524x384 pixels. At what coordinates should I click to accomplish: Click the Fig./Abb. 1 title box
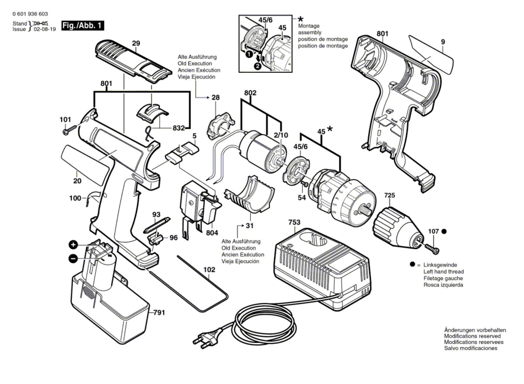click(83, 25)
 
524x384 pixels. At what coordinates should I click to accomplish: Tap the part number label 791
click(159, 313)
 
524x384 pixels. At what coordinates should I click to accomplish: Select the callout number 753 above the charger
click(294, 223)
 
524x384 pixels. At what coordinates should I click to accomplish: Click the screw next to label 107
click(432, 248)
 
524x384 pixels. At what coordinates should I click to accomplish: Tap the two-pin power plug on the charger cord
click(206, 339)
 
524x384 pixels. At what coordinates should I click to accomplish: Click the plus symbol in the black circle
click(73, 245)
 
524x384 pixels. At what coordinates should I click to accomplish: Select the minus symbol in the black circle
click(73, 259)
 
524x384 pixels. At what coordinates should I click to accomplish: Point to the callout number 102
click(209, 270)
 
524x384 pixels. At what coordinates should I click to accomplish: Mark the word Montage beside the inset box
click(309, 26)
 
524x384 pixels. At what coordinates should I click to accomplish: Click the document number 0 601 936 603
click(30, 14)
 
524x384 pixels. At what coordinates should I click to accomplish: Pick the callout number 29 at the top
click(136, 43)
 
